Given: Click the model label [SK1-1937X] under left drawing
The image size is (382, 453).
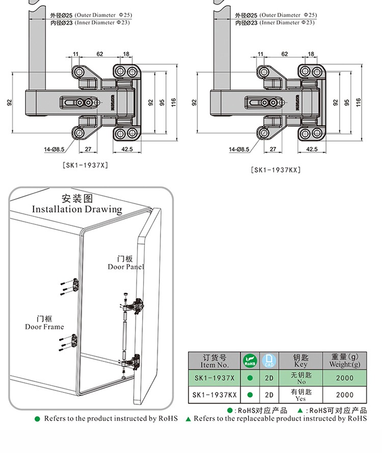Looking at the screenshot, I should point(85,165).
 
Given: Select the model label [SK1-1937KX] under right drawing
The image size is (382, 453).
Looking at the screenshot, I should point(276,170).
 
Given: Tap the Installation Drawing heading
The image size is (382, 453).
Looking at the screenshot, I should point(77,204).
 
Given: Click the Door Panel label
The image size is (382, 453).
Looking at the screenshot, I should point(126,263).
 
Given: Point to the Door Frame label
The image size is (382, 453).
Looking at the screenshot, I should point(44,323).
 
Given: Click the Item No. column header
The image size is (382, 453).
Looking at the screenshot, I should point(214,361).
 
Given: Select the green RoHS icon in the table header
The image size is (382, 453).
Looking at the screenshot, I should point(250,361).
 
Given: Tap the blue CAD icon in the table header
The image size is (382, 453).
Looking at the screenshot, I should point(269,361).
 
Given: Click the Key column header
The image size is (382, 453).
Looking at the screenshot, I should point(301,361).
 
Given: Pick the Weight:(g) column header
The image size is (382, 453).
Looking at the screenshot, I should point(345,361).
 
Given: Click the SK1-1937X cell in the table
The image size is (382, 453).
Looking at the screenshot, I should point(214,378).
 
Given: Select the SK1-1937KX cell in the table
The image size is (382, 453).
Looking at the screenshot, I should point(214,394).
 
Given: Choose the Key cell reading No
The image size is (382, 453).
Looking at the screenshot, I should point(301,378).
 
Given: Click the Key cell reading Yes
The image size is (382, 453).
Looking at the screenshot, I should point(301,394).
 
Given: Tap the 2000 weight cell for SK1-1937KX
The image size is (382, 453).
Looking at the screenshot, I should point(345,394).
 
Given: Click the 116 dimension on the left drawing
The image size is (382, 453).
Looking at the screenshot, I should point(174,102).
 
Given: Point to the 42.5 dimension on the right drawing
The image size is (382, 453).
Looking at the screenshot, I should point(312,149).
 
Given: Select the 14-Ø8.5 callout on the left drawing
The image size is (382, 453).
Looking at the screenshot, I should point(54,149).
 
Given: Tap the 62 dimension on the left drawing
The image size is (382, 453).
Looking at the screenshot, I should point(100,54).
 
